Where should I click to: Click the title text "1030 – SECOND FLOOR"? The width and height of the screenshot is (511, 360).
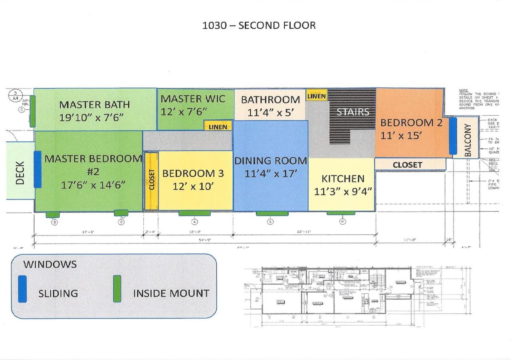point(259,26)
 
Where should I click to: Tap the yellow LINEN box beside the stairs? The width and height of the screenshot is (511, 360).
point(317,96)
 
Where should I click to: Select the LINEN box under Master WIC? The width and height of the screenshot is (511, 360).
point(218,127)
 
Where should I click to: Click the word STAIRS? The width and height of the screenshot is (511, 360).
point(353,112)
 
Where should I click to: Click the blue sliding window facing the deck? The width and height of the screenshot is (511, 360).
point(37,169)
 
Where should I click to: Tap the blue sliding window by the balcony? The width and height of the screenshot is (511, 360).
point(453,136)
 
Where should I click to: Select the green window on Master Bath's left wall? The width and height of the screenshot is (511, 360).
point(32,111)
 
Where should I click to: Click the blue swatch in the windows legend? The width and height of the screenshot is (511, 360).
point(22,289)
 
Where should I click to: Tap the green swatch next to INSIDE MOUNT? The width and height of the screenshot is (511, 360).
point(117,289)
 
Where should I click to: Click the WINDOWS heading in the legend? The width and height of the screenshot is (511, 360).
point(50,264)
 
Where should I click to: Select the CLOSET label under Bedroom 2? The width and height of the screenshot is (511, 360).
point(407,164)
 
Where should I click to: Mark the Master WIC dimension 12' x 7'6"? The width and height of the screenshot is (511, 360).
point(193,112)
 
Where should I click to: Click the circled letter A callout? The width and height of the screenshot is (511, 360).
point(194,222)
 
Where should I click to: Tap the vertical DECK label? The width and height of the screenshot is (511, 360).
point(20,173)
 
